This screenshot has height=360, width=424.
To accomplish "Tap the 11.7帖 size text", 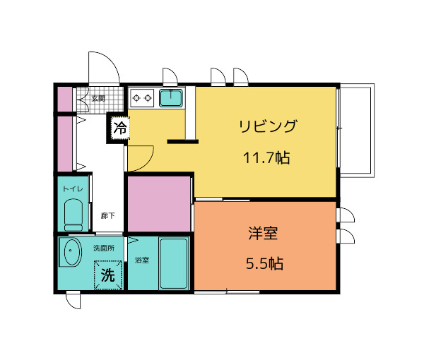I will (x=266, y=158).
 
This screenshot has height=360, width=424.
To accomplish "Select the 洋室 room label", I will (x=265, y=233).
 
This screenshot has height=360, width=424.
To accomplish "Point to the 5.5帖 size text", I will (x=265, y=264).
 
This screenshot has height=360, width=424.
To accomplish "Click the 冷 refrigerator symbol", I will (x=120, y=128).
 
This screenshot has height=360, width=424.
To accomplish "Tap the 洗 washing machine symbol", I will (x=107, y=275).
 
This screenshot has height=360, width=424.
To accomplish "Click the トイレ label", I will (x=73, y=189).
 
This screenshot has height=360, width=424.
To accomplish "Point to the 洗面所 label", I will (x=103, y=248).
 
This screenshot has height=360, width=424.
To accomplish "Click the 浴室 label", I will (x=141, y=260).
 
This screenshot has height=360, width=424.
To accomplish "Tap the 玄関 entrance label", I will (x=98, y=98).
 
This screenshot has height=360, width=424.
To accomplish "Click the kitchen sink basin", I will (x=171, y=97).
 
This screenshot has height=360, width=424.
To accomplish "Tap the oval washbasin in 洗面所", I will (x=71, y=253).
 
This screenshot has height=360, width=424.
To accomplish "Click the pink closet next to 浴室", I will (x=159, y=203).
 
